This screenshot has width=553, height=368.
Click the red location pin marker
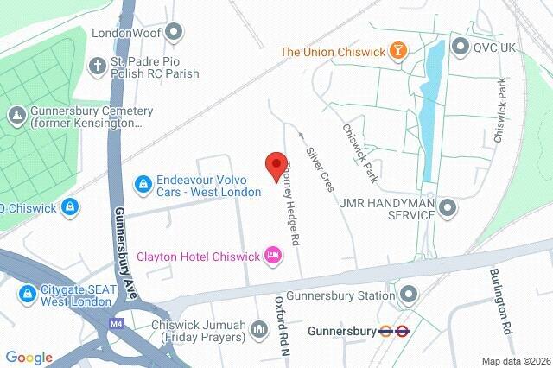(x=276, y=166)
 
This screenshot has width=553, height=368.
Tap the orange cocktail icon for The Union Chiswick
(x=397, y=51)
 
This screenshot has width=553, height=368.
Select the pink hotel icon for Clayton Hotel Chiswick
(x=274, y=255)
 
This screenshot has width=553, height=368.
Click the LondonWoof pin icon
(x=175, y=33)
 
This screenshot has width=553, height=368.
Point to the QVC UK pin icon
(x=460, y=47)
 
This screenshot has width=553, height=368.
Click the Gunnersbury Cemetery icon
(x=16, y=116)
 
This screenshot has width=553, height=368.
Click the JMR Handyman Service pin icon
(x=447, y=207)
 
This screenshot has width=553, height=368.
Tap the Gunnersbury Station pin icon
(x=408, y=296)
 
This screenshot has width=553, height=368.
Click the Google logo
(x=29, y=358)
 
